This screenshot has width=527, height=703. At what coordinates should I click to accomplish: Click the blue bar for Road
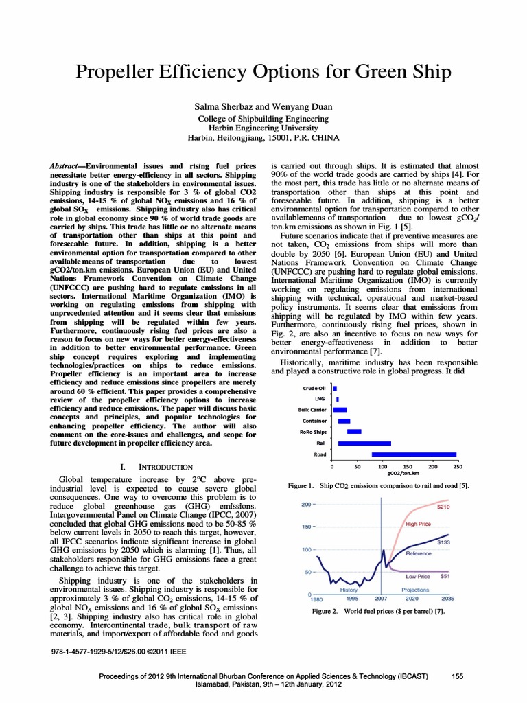click(x=414, y=454)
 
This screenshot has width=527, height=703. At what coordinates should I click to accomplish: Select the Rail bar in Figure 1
click(x=364, y=443)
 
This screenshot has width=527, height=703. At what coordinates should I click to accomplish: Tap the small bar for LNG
click(x=338, y=399)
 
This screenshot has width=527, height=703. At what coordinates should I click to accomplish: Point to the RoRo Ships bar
click(x=354, y=432)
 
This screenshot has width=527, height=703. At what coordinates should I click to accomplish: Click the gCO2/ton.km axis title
click(x=403, y=473)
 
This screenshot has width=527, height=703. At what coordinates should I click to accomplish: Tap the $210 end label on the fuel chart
click(x=443, y=507)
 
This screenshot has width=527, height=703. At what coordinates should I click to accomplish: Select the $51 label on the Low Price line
click(x=445, y=577)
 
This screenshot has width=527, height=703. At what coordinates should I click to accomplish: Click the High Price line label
click(x=418, y=524)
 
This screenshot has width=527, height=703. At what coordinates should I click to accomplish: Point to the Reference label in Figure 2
click(x=419, y=553)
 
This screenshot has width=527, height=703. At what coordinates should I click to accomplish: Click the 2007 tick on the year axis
click(x=380, y=599)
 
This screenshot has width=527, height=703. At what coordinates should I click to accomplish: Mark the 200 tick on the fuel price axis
click(x=306, y=504)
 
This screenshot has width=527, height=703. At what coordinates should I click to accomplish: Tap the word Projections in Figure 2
click(x=415, y=590)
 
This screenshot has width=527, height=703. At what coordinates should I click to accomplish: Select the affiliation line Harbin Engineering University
click(x=263, y=128)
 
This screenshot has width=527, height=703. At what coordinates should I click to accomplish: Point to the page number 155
click(x=458, y=676)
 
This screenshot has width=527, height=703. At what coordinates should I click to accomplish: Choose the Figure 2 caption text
click(x=378, y=610)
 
